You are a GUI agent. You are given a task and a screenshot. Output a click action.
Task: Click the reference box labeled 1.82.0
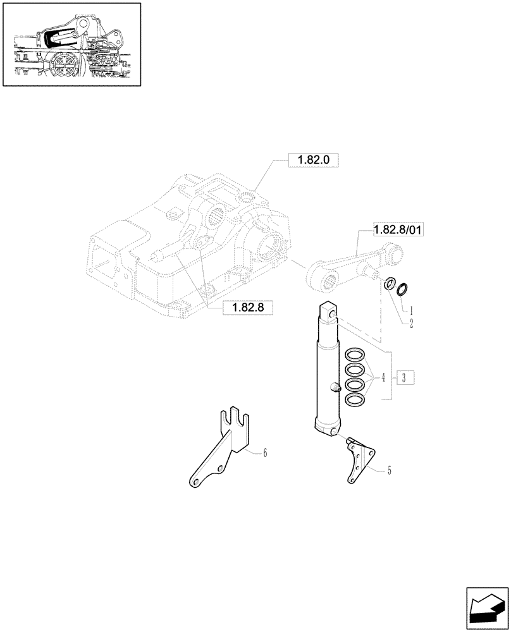click(314, 161)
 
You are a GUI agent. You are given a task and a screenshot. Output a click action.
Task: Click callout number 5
click(389, 470)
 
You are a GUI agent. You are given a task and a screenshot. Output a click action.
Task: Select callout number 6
click(265, 453)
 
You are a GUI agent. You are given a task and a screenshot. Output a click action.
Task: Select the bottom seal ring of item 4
click(355, 399)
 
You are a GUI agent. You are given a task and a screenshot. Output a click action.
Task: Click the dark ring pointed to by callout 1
click(402, 289)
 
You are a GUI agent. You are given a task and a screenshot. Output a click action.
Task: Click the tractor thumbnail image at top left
click(71, 44)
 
